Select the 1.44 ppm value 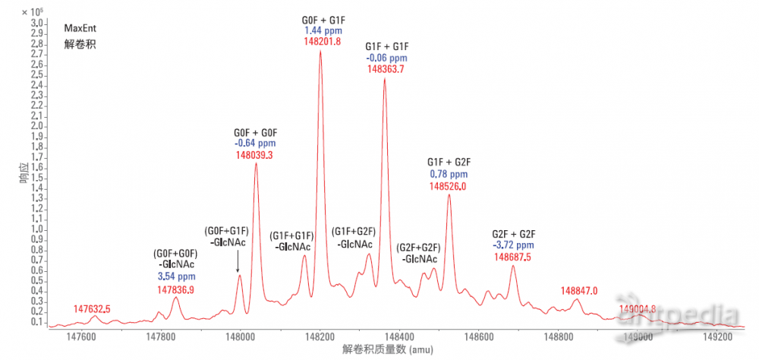tap(320, 30)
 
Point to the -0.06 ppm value tap(386, 58)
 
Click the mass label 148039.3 tap(254, 155)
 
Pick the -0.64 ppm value tap(254, 143)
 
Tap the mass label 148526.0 tap(448, 186)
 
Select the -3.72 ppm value tap(514, 245)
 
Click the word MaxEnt tap(80, 28)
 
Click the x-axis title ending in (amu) tap(376, 350)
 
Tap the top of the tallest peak tap(320, 52)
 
